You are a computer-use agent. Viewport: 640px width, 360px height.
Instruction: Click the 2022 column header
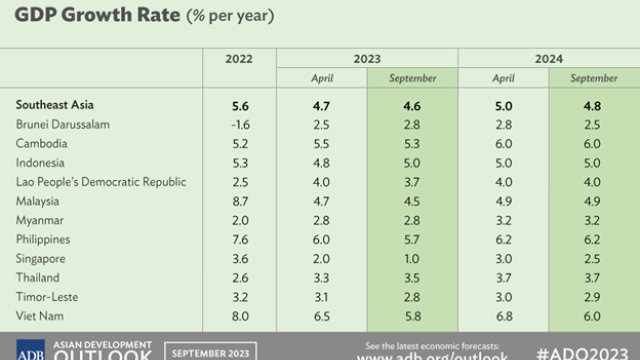point(240,59)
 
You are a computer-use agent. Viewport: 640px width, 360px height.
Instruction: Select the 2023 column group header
point(366,59)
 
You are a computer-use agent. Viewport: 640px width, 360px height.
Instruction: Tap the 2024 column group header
point(549,59)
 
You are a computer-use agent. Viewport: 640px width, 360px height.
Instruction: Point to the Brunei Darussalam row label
point(67,123)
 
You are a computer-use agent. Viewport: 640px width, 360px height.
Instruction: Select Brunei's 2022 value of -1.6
point(240,123)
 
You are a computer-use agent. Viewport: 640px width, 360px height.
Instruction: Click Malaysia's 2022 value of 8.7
point(240,201)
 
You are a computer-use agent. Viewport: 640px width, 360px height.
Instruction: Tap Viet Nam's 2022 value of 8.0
point(240,317)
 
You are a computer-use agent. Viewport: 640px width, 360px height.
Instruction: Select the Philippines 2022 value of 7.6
point(240,240)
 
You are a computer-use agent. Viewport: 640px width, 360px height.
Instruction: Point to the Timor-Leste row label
point(46,298)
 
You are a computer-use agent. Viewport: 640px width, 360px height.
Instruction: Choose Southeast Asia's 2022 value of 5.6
point(240,103)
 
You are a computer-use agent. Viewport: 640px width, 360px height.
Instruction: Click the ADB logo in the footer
point(23,349)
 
